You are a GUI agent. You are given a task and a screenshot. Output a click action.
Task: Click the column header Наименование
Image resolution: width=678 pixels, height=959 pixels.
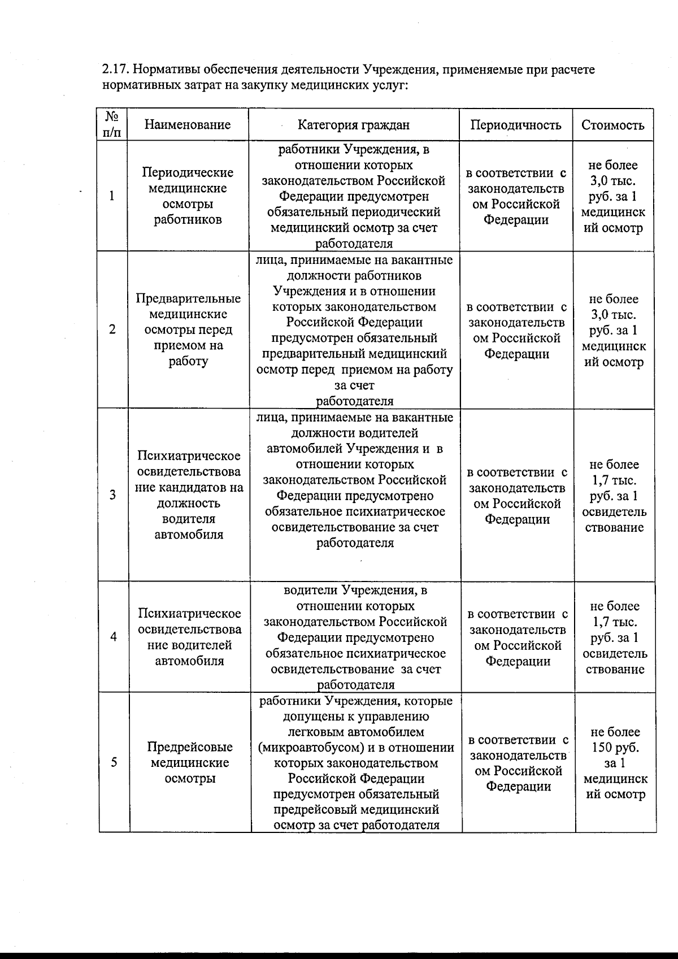click(188, 125)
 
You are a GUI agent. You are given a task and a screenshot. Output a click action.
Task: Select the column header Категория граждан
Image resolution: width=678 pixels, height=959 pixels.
click(354, 125)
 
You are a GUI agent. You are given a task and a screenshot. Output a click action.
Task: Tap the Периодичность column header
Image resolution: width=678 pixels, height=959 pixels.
click(516, 125)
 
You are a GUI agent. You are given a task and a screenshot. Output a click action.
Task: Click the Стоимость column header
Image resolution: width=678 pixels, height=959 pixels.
click(613, 125)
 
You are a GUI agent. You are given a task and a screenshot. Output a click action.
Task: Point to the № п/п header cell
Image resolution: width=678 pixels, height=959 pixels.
click(112, 124)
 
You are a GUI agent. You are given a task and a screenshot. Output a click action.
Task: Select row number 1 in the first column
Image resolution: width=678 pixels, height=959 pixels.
click(112, 196)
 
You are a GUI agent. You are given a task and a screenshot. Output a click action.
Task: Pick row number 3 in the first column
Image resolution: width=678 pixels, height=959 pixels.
click(113, 495)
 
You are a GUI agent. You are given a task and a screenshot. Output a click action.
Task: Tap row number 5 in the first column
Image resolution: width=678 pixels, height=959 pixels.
click(114, 762)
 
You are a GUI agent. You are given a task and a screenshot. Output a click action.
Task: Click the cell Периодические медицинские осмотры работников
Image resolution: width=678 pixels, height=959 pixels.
click(188, 196)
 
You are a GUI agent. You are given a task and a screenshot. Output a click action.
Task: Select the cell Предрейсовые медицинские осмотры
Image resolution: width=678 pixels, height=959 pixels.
click(190, 762)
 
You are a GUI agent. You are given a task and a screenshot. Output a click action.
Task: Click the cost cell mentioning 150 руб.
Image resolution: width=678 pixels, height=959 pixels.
click(615, 763)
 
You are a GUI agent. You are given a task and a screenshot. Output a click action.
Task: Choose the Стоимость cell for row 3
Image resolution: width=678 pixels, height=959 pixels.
click(615, 496)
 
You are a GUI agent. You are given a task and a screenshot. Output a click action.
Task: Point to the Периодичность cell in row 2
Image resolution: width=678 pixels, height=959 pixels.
click(516, 331)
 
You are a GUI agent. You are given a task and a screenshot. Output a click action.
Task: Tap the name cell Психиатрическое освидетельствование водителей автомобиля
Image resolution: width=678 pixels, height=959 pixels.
click(190, 637)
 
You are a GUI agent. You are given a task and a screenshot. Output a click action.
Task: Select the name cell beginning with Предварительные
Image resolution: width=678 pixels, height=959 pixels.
click(188, 329)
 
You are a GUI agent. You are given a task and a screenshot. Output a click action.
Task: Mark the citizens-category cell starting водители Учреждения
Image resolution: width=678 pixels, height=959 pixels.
click(355, 637)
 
